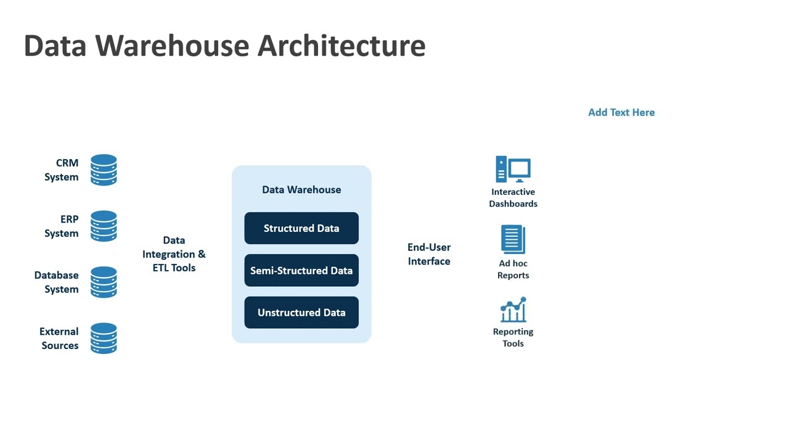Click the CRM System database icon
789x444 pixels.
click(104, 170)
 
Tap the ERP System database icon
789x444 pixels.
click(104, 226)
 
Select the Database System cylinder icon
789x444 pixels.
click(104, 282)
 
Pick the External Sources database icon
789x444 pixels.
click(104, 339)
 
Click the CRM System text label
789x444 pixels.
click(62, 170)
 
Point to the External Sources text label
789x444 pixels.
click(59, 339)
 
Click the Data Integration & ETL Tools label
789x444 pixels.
click(174, 254)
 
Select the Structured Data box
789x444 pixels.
click(301, 228)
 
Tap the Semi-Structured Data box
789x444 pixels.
click(301, 271)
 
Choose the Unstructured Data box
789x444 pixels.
click(301, 313)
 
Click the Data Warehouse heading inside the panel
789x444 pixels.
click(301, 189)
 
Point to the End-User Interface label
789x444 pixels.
click(429, 254)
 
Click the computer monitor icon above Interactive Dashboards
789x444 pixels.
click(513, 169)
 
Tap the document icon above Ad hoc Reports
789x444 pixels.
click(513, 239)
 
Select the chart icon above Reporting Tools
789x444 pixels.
click(513, 310)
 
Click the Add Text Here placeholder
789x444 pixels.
click(621, 112)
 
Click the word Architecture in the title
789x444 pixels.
click(341, 46)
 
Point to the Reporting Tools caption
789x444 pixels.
click(513, 337)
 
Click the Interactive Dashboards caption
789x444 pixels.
click(513, 198)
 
